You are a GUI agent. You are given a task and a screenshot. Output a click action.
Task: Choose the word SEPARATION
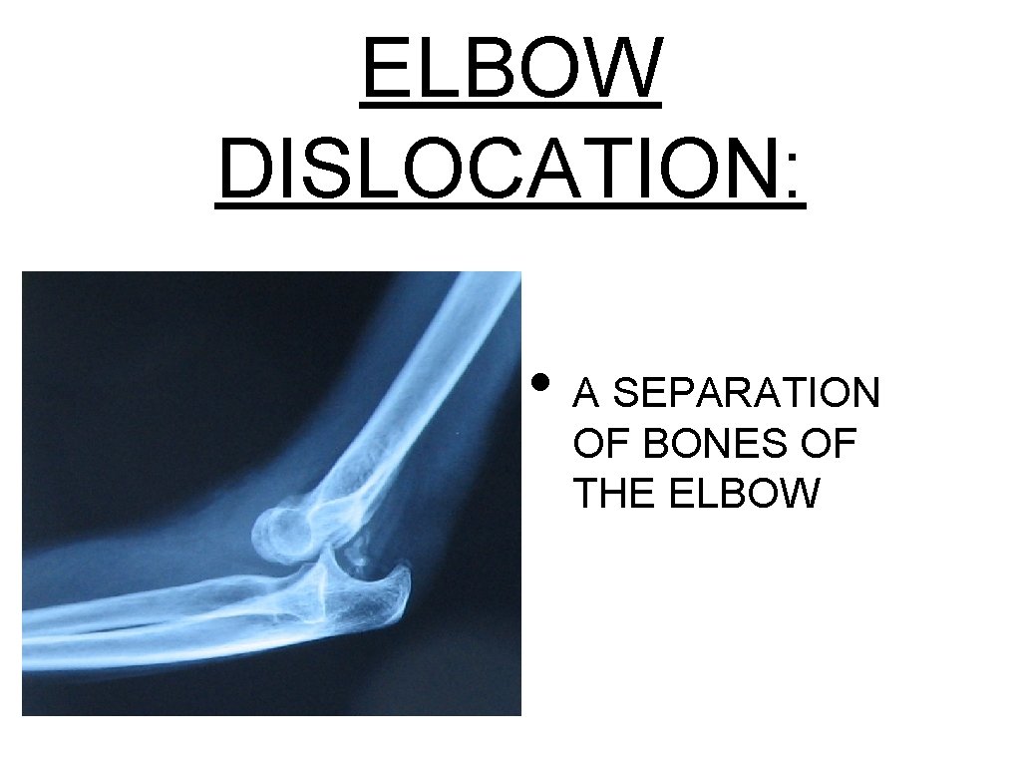[746, 394]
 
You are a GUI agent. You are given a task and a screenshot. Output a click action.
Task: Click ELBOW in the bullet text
[744, 494]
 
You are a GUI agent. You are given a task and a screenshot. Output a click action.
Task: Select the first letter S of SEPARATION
[625, 394]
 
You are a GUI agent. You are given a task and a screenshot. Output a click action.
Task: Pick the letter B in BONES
[656, 444]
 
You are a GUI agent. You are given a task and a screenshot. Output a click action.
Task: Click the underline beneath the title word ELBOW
[511, 103]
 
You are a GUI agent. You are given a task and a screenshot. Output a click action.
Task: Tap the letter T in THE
[584, 494]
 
